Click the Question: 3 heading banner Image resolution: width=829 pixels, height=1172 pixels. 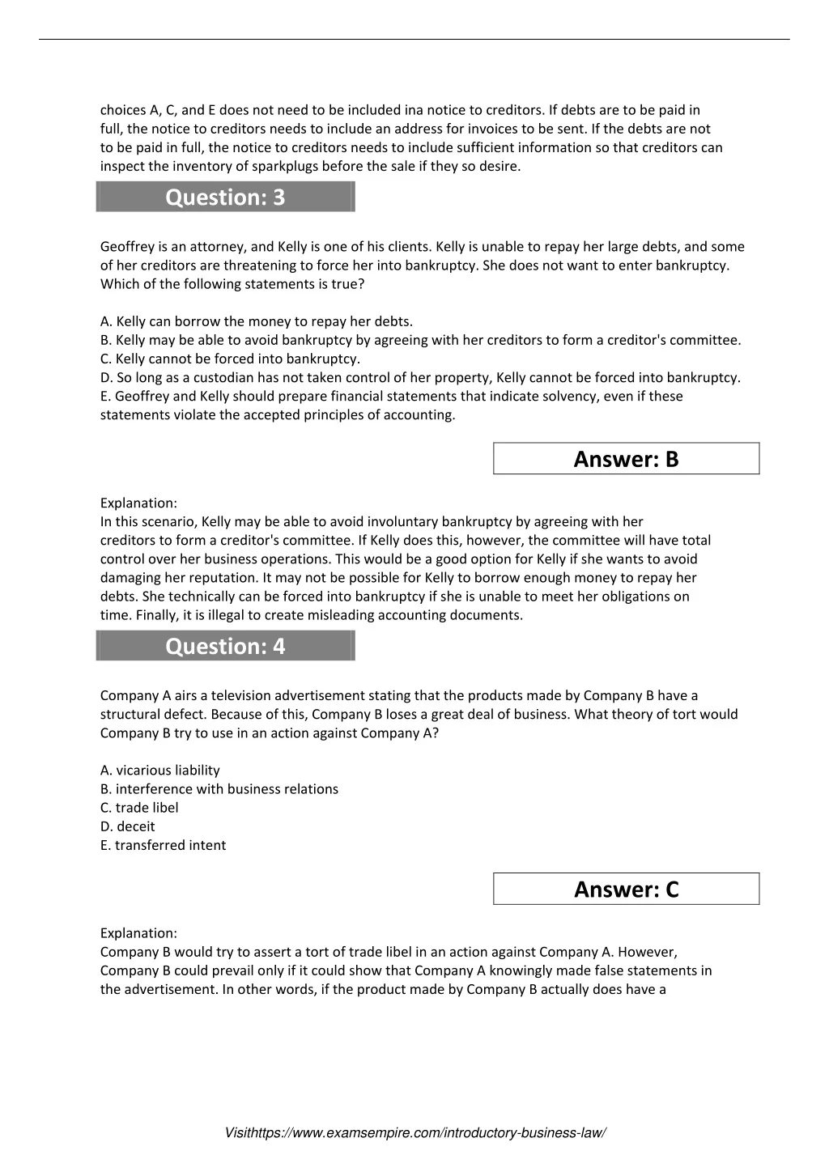(225, 197)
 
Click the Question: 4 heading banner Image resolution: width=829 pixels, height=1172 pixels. (225, 647)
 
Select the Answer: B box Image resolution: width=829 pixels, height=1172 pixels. (626, 459)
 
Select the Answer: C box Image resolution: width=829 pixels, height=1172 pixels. (626, 890)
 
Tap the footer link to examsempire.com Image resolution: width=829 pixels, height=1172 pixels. (414, 1133)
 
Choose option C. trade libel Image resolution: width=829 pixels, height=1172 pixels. (139, 808)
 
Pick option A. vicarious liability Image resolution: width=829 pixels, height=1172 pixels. (160, 771)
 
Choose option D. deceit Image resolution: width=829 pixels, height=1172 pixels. (128, 826)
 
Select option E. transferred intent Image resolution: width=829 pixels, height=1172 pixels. (164, 845)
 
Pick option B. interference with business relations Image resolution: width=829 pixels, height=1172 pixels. (219, 789)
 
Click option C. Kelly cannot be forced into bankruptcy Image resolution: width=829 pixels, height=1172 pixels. (230, 359)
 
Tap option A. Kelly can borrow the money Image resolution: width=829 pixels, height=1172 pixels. (257, 321)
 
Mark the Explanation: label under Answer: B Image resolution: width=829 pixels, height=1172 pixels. (138, 503)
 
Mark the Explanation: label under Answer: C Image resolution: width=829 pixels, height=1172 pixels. (138, 933)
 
